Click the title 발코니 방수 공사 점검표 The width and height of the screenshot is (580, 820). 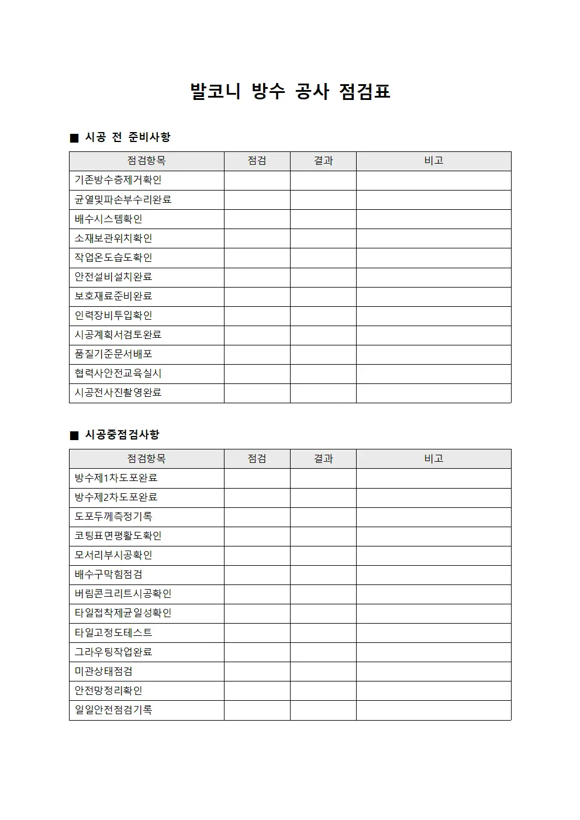click(290, 91)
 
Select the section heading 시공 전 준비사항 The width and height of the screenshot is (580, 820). click(127, 137)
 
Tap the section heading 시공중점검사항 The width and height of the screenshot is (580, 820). click(122, 435)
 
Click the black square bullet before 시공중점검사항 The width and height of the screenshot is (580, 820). click(74, 435)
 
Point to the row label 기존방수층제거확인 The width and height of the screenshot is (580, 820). click(118, 180)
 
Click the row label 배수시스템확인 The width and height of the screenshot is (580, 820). click(109, 219)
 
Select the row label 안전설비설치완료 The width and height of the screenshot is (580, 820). click(113, 277)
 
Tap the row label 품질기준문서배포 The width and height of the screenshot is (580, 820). click(113, 354)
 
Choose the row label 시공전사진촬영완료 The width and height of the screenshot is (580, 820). click(118, 393)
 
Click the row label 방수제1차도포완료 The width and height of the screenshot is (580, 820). click(116, 478)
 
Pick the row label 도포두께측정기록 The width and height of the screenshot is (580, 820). click(113, 517)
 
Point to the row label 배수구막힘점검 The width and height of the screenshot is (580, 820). click(109, 575)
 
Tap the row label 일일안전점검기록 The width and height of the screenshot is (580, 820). click(113, 710)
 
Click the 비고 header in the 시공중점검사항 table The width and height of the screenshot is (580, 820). click(434, 459)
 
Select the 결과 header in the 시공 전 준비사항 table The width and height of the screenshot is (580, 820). click(323, 161)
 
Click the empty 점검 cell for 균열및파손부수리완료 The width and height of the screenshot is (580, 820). click(257, 200)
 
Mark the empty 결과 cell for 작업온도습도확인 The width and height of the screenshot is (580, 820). click(323, 258)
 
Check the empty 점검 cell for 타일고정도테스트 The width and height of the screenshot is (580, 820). click(257, 633)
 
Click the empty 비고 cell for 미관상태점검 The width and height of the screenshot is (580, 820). click(434, 672)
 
